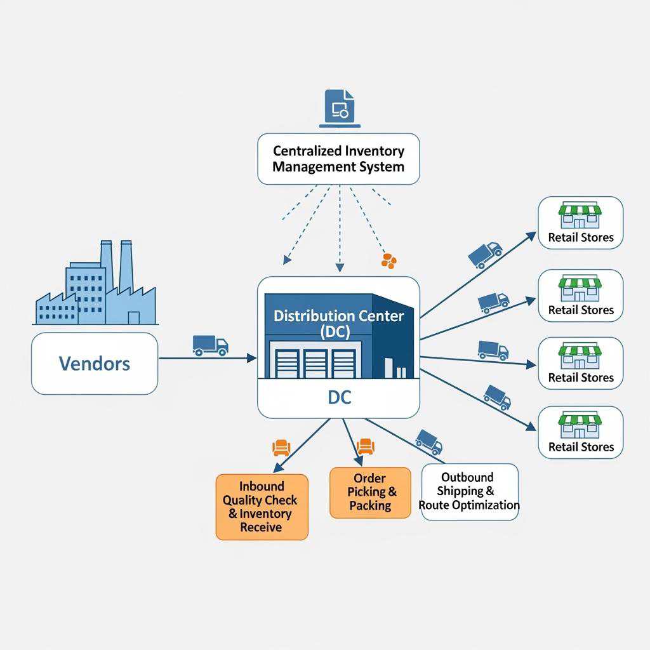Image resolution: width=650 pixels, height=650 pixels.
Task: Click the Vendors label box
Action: point(95,364)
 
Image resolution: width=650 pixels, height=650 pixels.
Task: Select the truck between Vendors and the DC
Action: point(210,345)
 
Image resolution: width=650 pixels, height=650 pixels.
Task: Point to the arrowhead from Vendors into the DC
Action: point(252,359)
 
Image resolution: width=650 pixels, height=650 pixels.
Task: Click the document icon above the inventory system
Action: point(340,106)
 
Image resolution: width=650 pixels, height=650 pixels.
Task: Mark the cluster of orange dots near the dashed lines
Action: point(388,260)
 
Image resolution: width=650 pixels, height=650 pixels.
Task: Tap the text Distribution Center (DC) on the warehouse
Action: point(338,323)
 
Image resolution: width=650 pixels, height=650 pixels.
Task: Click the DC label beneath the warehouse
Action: point(338,398)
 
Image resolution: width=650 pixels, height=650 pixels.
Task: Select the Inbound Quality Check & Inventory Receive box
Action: point(262,507)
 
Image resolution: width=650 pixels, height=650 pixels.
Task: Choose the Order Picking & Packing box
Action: point(370,493)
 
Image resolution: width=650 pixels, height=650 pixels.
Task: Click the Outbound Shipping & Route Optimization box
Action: point(469,491)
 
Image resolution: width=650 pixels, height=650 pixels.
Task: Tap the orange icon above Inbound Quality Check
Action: point(281,448)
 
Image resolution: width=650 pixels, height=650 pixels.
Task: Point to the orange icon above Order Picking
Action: point(366,446)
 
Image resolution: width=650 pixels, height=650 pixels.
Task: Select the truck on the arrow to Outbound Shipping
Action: point(428,441)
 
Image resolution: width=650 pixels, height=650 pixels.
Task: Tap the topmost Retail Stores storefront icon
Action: point(580,216)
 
